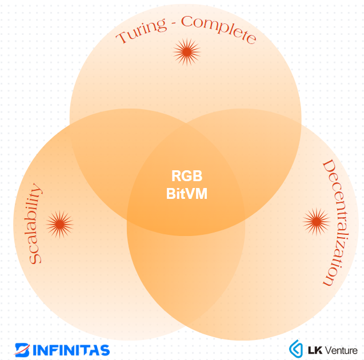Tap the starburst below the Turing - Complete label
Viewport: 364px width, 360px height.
click(186, 52)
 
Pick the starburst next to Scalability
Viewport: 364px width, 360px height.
click(59, 224)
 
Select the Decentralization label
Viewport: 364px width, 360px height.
click(335, 223)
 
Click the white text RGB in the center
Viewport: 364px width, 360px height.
click(187, 176)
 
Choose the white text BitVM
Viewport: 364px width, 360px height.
click(187, 194)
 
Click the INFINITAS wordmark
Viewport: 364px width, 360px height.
click(71, 349)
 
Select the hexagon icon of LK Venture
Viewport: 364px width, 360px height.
click(296, 349)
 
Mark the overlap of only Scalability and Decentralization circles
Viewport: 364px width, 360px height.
click(186, 274)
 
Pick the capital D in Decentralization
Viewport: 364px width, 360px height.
click(330, 166)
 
